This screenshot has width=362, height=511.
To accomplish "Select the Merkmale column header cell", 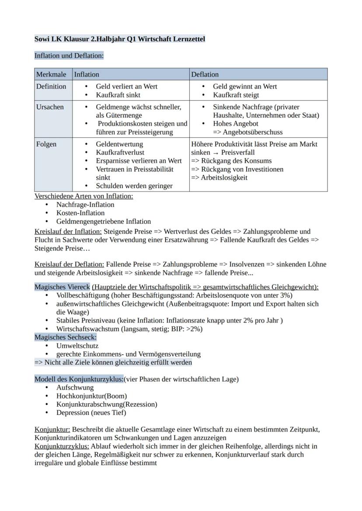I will click(51, 75).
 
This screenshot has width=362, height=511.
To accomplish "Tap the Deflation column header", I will click(205, 75).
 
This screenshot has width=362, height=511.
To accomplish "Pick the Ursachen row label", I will click(50, 107).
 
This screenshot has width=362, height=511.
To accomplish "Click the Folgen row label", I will click(46, 144).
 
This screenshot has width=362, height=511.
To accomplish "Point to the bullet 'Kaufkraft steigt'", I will click(236, 95).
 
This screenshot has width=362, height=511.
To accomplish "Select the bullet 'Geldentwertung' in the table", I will click(119, 144).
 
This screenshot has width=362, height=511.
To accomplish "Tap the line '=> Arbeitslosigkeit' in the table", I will click(219, 178).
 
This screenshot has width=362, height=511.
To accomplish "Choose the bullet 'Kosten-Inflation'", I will click(80, 213).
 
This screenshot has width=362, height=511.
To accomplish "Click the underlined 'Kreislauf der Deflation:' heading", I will click(69, 264).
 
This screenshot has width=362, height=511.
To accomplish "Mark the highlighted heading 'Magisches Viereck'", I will click(62, 287).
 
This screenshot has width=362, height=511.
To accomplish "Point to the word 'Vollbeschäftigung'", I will click(83, 295).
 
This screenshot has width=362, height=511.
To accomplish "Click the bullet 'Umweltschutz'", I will click(77, 346).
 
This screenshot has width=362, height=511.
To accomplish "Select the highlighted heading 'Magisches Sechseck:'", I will click(66, 337).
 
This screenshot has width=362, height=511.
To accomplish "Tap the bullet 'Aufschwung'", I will click(75, 388).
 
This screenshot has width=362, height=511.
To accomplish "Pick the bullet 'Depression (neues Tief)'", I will click(91, 412).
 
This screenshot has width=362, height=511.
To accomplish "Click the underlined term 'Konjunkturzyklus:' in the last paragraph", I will click(62, 446).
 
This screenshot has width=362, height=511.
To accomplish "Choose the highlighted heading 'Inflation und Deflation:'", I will click(69, 56).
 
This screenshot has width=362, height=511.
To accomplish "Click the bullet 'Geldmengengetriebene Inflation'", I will click(104, 221).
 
